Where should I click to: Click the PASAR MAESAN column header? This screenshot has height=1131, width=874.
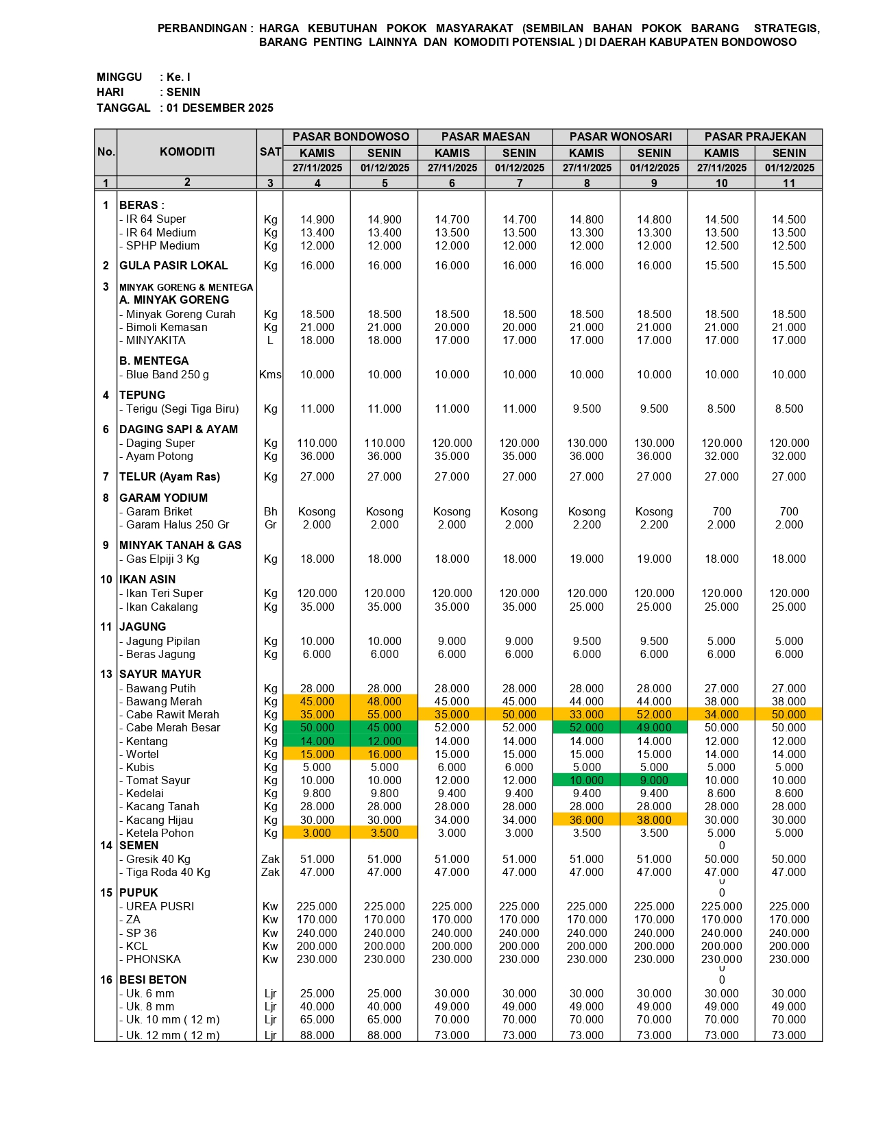485,136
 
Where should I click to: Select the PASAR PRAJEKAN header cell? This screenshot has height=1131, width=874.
755,136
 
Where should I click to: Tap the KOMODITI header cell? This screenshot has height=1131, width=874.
187,151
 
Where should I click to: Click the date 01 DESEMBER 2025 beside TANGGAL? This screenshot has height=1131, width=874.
219,108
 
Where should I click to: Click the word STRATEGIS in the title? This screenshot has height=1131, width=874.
786,28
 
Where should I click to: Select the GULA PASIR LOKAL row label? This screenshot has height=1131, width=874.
173,265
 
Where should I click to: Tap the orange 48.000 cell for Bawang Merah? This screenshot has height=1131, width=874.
384,701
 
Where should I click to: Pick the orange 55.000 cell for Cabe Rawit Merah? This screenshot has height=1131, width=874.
384,714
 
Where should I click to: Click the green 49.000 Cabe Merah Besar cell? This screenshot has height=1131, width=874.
654,727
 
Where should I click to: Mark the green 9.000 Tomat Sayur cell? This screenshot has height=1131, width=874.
654,780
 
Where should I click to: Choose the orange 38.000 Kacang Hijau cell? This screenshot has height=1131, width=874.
654,820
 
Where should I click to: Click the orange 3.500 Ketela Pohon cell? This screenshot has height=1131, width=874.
384,833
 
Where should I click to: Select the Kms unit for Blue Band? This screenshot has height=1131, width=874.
270,374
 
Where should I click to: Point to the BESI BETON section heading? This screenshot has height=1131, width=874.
153,980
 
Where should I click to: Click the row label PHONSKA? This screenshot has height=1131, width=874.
153,959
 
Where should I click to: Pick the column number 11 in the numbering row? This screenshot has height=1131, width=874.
789,183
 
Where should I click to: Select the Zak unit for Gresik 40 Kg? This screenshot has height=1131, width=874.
270,859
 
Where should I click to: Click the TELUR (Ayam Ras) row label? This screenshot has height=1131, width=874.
169,476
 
